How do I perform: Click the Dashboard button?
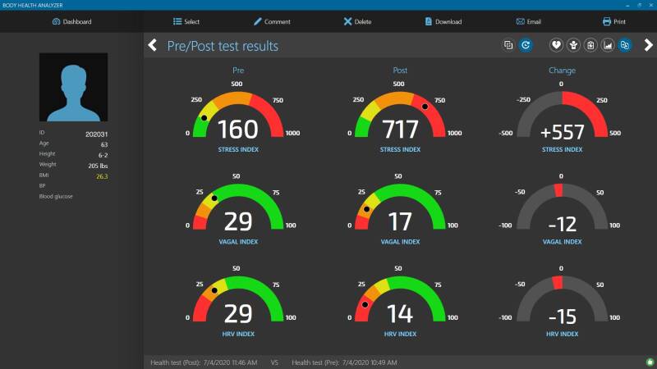[71, 22]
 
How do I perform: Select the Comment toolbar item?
[272, 22]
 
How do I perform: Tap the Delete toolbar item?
[357, 22]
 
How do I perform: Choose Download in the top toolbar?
[443, 22]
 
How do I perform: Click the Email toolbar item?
[528, 22]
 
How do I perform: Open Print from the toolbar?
[613, 22]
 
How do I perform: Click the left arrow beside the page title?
[153, 45]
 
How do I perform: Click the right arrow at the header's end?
[648, 45]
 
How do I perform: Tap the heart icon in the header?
[556, 45]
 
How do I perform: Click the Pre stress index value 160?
[238, 130]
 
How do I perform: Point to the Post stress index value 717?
[400, 130]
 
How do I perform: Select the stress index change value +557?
[563, 133]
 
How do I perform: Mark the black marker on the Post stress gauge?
[425, 107]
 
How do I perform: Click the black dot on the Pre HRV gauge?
[214, 290]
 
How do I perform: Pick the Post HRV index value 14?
[400, 314]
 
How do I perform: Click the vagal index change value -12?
[563, 225]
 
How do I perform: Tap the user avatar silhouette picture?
[73, 87]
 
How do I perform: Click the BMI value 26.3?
[102, 176]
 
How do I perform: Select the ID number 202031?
[96, 134]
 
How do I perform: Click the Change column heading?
[562, 71]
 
